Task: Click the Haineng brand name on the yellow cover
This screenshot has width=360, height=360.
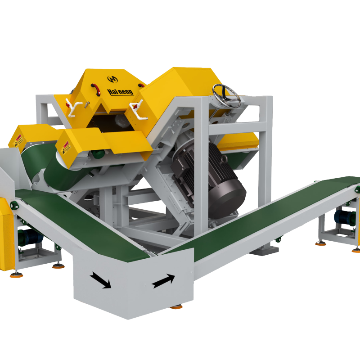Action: click(x=120, y=92)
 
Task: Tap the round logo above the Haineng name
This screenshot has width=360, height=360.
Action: click(x=112, y=79)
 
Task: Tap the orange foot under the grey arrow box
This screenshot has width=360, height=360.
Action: click(x=176, y=307)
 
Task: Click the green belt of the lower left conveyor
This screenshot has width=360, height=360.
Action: click(x=81, y=225)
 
